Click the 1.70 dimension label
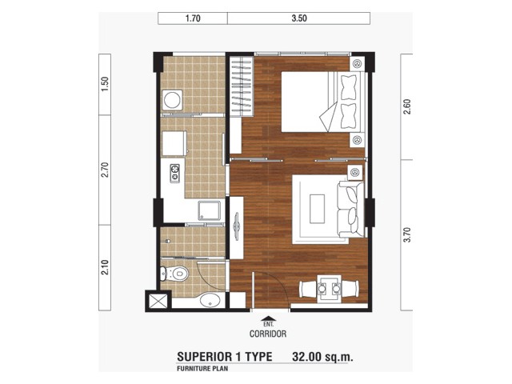coord(193,18)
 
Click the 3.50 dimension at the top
coord(299,18)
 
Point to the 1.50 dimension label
coord(105,84)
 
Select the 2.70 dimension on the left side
coord(105,170)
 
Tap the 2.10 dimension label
coord(105,267)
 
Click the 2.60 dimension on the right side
coord(407,106)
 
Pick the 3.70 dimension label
coord(407,234)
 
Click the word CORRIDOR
coord(268,334)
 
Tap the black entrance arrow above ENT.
coord(268,318)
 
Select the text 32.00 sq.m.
coord(322,357)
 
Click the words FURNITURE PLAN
coord(202,369)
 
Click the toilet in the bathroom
coord(174,274)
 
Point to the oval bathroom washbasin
coord(210,301)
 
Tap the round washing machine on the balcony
coord(172,99)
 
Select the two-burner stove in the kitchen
coord(175,173)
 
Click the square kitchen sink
coord(209,210)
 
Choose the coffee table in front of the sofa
coord(317,209)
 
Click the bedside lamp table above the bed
coord(357,63)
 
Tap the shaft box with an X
coord(158,301)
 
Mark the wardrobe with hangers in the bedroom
coord(242,86)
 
